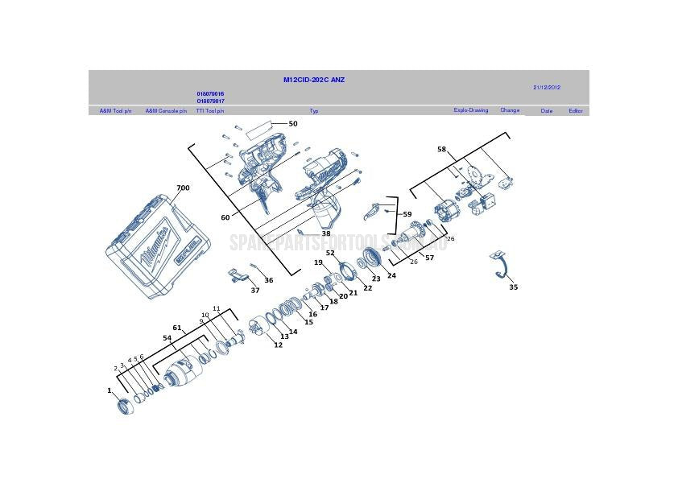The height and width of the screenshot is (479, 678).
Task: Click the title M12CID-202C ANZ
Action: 314,80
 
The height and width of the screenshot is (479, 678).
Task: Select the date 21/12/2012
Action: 547,87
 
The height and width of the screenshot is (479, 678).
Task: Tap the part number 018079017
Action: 210,101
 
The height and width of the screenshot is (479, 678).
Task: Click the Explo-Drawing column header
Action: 470,110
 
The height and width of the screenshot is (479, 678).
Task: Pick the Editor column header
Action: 575,111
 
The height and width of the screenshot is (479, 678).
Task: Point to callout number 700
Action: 183,188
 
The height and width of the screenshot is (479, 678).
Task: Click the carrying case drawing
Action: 159,246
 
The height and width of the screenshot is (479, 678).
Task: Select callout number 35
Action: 513,287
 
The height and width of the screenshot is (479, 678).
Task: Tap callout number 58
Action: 441,149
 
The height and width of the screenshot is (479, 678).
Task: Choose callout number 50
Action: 293,124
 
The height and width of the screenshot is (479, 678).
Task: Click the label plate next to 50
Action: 258,127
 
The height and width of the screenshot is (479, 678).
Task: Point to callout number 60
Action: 225,217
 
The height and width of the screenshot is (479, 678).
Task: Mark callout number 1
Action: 110,390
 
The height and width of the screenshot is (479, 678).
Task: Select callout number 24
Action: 391,275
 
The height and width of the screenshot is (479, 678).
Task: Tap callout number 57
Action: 429,258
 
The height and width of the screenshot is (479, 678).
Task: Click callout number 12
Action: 278,345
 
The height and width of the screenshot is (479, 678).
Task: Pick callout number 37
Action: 254,291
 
